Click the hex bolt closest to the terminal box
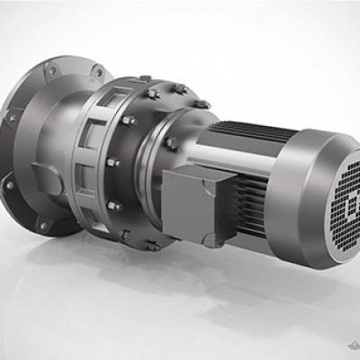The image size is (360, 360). [x=170, y=143]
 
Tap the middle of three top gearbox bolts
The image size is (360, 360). [x=179, y=89]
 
